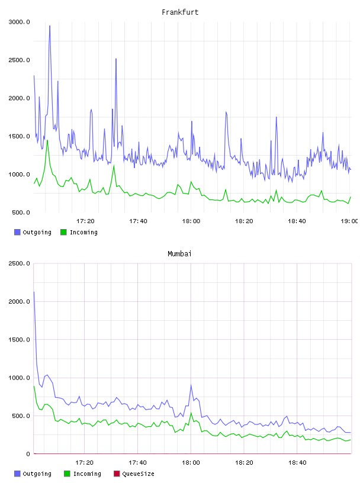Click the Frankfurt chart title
click(180, 12)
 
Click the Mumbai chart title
click(179, 254)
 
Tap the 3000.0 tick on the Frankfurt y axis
click(19, 22)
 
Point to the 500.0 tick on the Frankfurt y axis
click(21, 212)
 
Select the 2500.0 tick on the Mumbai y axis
click(19, 263)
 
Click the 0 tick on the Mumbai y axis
click(28, 454)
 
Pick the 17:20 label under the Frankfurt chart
click(85, 221)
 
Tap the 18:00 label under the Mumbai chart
click(191, 463)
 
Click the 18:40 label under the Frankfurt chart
click(297, 221)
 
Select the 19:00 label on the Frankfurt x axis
click(349, 221)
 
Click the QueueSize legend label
click(138, 474)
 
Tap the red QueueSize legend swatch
click(117, 474)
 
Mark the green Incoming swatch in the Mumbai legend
click(67, 474)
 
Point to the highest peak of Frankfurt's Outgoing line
click(50, 26)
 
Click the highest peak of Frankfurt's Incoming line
click(47, 140)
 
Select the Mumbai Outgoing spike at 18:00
click(191, 385)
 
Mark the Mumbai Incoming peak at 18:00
click(191, 413)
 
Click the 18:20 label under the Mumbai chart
click(244, 463)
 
